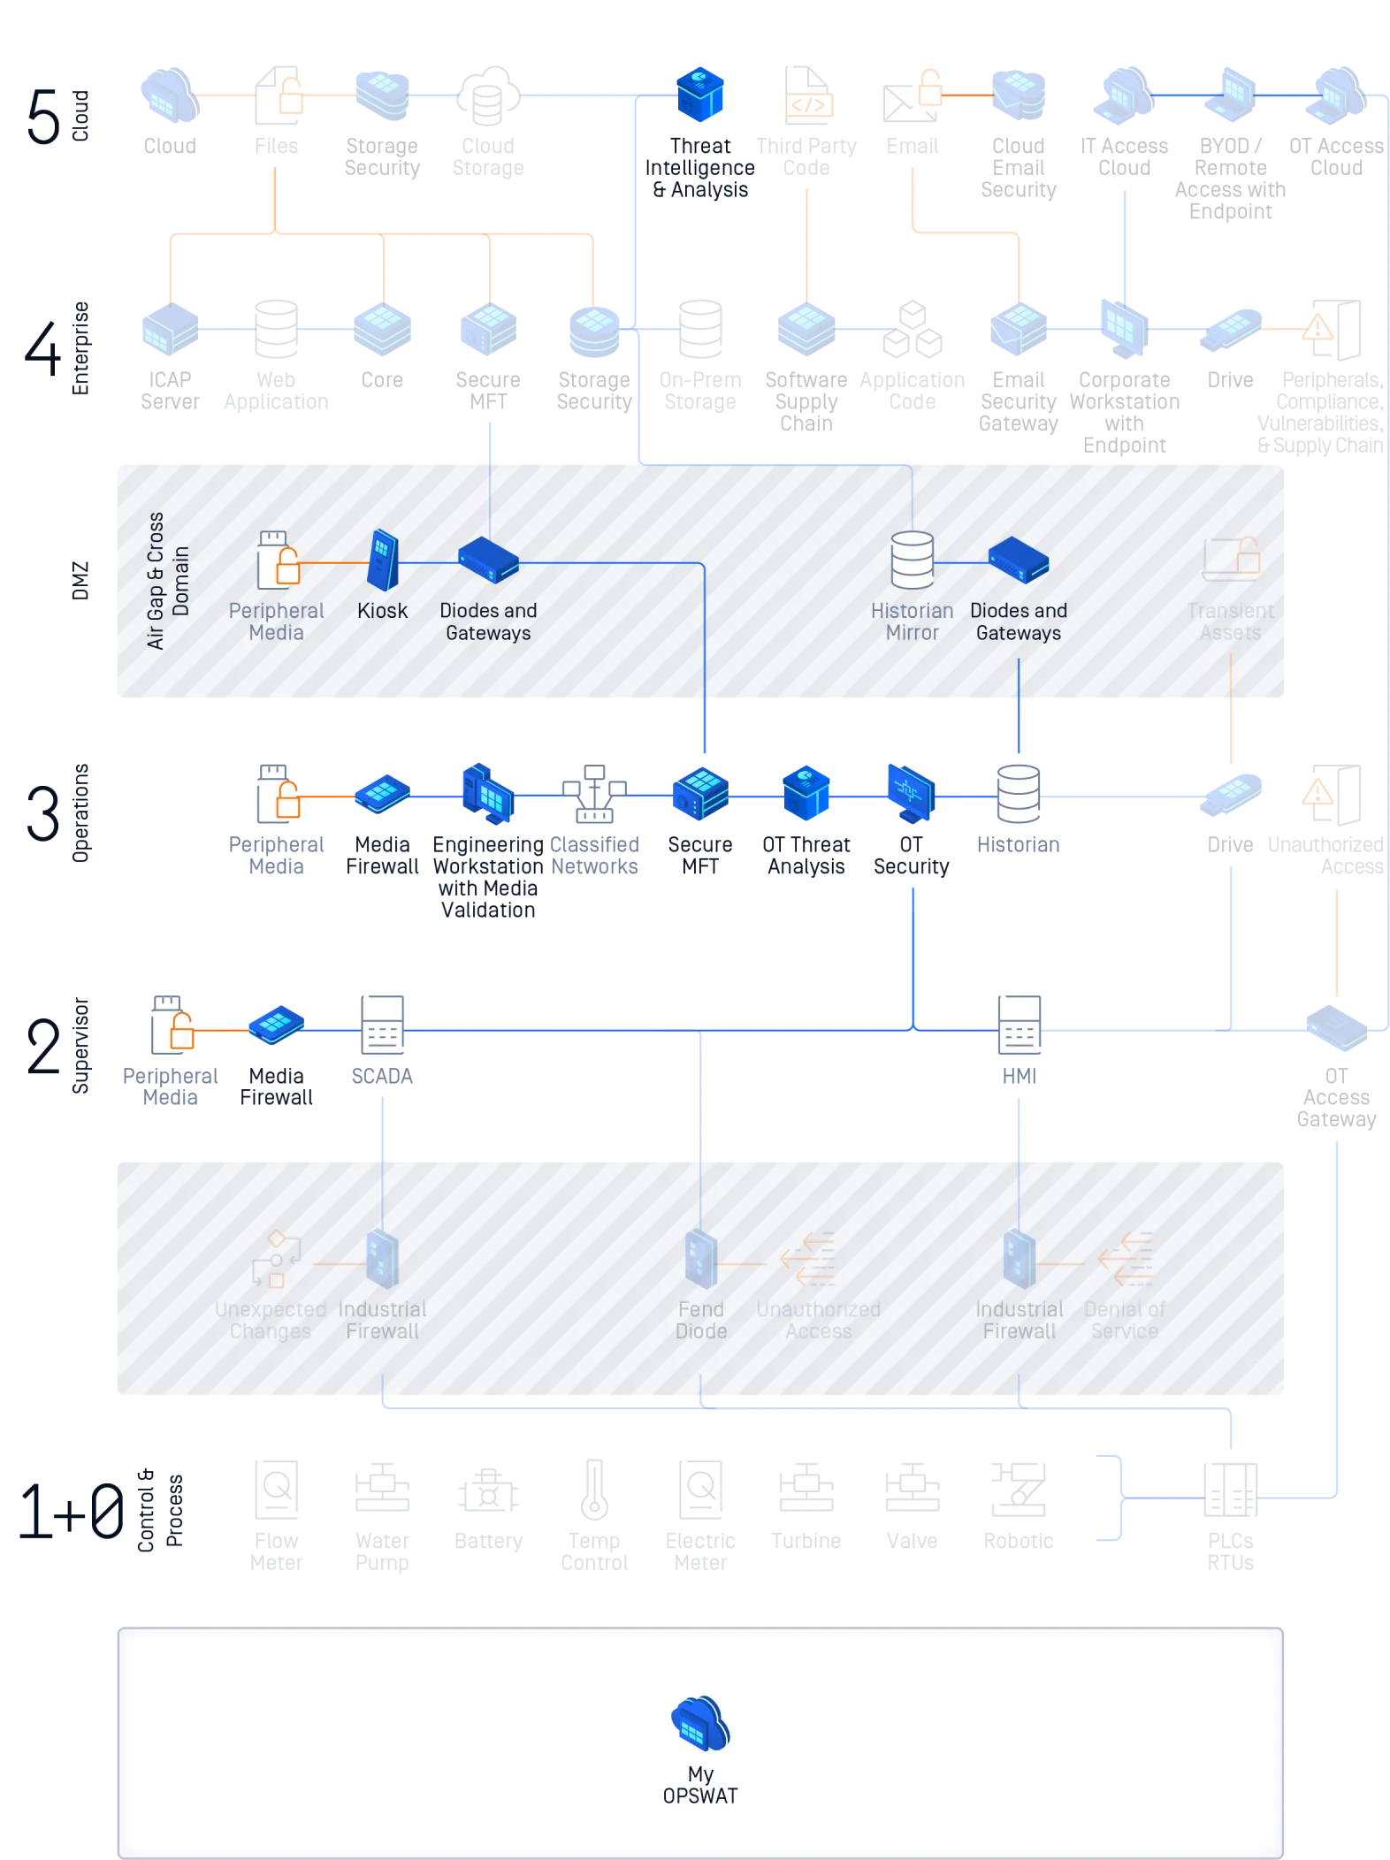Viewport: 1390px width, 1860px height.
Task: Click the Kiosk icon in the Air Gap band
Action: pyautogui.click(x=382, y=560)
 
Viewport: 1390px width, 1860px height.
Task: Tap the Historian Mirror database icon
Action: pyautogui.click(x=912, y=560)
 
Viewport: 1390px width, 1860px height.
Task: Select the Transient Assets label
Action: pyautogui.click(x=1230, y=621)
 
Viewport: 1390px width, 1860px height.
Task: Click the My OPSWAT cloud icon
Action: pyautogui.click(x=700, y=1723)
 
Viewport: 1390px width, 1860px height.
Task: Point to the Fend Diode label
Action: pyautogui.click(x=701, y=1320)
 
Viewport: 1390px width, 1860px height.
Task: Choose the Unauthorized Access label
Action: pyautogui.click(x=818, y=1320)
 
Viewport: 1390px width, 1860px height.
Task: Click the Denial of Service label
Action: pyautogui.click(x=1125, y=1320)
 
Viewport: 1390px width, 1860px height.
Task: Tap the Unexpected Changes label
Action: pyautogui.click(x=271, y=1320)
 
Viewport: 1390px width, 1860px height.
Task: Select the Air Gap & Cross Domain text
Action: pyautogui.click(x=168, y=581)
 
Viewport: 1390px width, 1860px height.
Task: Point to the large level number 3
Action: pyautogui.click(x=44, y=812)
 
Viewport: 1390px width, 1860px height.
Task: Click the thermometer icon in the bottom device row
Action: pyautogui.click(x=594, y=1489)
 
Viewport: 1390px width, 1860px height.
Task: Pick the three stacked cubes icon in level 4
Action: pyautogui.click(x=913, y=329)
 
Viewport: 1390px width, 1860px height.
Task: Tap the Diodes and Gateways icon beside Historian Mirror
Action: pyautogui.click(x=1019, y=560)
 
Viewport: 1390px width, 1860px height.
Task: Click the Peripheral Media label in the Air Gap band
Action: pyautogui.click(x=276, y=621)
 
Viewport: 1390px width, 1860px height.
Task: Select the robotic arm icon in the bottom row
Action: pyautogui.click(x=1019, y=1489)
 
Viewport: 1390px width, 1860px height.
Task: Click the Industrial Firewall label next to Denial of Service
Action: pyautogui.click(x=1020, y=1320)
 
